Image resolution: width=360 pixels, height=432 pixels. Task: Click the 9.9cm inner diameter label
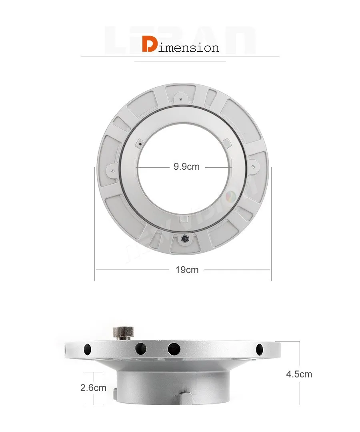[x=186, y=167]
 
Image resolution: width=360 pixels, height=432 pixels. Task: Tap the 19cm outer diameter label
[x=187, y=269]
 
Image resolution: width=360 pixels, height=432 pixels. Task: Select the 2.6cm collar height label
[x=93, y=388]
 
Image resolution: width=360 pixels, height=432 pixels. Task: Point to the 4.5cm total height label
[x=299, y=374]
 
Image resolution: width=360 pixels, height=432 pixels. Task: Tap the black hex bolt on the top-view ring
[x=184, y=238]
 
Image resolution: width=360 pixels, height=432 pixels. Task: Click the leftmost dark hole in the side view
[x=87, y=349]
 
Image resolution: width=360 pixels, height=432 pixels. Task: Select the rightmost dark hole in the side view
[x=259, y=348]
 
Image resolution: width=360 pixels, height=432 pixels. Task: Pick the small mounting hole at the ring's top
[x=181, y=98]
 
